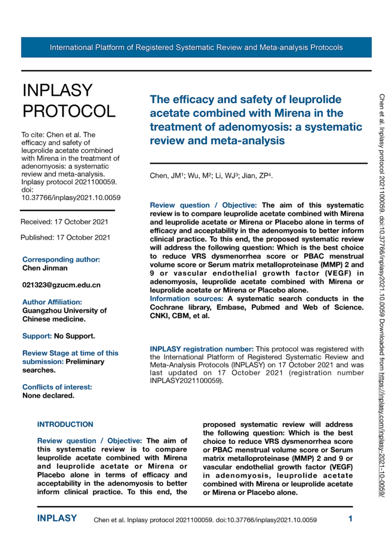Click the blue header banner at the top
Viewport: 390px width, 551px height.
(196, 48)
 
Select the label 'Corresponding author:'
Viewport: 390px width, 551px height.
(61, 259)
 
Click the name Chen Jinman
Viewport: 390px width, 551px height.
(45, 267)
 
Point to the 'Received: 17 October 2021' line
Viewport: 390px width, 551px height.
(64, 222)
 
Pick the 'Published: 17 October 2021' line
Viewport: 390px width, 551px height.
(65, 237)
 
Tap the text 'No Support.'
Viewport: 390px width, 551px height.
(75, 336)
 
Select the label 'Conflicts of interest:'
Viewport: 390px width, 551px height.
(57, 387)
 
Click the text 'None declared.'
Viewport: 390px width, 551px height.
(48, 395)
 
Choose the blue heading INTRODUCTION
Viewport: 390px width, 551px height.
(66, 425)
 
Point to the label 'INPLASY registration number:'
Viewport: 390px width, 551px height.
(202, 349)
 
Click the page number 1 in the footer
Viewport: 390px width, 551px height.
(350, 519)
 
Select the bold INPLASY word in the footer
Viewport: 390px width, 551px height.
(57, 519)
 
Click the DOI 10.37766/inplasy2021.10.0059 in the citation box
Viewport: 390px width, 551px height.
(71, 197)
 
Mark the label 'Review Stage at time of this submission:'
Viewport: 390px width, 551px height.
(70, 357)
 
